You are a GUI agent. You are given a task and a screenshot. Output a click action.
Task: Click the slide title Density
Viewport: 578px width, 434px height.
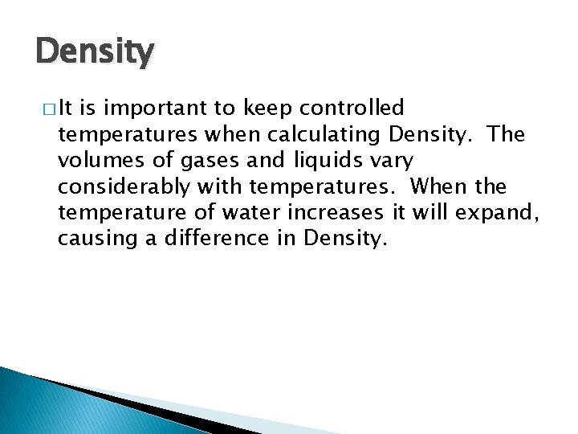pos(95,53)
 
